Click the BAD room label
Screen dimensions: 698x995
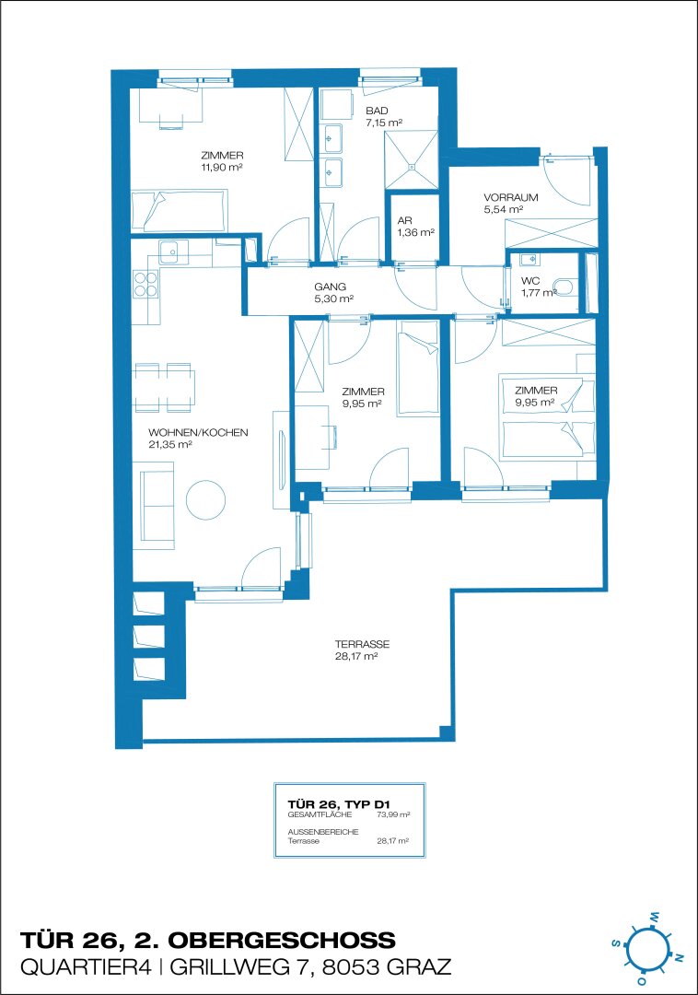pyautogui.click(x=377, y=111)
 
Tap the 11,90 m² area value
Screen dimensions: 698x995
pyautogui.click(x=222, y=168)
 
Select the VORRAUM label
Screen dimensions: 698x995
pyautogui.click(x=510, y=197)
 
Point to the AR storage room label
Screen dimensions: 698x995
pyautogui.click(x=404, y=221)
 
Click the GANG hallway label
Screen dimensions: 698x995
pyautogui.click(x=331, y=287)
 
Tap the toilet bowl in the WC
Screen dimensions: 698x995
pyautogui.click(x=563, y=287)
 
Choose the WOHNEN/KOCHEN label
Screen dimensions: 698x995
pyautogui.click(x=198, y=433)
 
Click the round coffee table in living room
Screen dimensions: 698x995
pyautogui.click(x=205, y=500)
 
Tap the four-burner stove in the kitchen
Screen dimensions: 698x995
pyautogui.click(x=145, y=284)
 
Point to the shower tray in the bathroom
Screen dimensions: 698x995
pyautogui.click(x=412, y=159)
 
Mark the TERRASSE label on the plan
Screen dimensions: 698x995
pyautogui.click(x=362, y=644)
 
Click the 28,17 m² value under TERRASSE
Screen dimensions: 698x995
pyautogui.click(x=356, y=656)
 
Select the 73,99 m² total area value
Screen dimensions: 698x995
pyautogui.click(x=393, y=814)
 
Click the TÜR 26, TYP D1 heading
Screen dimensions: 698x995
pyautogui.click(x=339, y=804)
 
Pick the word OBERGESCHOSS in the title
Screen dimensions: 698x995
pyautogui.click(x=282, y=940)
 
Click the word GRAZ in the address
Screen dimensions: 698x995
pyautogui.click(x=418, y=967)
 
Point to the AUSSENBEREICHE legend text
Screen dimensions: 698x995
pyautogui.click(x=323, y=832)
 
